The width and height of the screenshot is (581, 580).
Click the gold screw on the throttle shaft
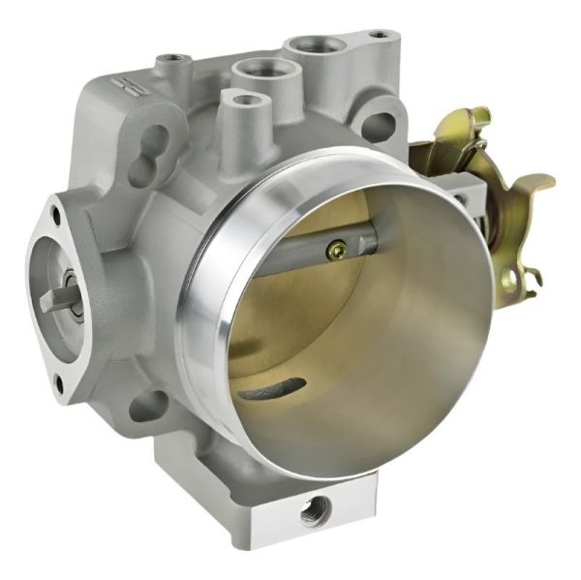click(336, 251)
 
